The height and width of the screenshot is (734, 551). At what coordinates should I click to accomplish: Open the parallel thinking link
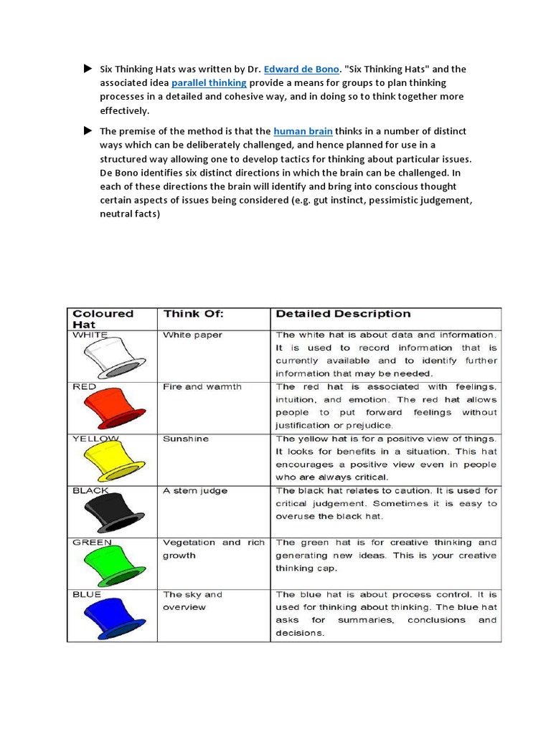[209, 83]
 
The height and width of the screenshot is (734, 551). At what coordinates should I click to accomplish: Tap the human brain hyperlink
[303, 131]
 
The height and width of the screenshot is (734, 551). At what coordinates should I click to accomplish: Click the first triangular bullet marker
[88, 69]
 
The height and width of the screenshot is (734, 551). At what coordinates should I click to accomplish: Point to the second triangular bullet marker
[88, 130]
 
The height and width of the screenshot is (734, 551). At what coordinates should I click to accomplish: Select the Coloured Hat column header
[103, 318]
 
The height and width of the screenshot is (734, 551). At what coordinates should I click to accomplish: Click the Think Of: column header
[194, 313]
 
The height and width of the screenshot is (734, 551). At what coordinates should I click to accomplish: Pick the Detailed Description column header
[343, 313]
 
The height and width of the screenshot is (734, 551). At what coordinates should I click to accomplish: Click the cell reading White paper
[192, 335]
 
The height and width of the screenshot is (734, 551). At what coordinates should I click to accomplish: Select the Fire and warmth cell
[202, 386]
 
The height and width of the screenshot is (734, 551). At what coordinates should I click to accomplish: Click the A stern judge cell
[195, 490]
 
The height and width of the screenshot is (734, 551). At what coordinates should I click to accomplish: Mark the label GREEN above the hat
[92, 543]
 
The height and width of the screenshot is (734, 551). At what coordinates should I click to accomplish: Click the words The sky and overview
[192, 601]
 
